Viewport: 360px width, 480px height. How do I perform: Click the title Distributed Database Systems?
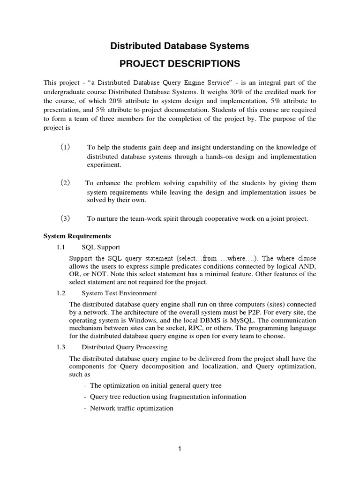180,46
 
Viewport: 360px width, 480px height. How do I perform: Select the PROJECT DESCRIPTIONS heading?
180,64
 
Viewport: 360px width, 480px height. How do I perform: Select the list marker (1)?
65,148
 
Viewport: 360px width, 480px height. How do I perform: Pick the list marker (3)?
65,218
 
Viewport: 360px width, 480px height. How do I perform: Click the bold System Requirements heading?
77,236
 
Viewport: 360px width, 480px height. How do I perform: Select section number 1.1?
61,247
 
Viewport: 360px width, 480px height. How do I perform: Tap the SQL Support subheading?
101,247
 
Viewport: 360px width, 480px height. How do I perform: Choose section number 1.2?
61,293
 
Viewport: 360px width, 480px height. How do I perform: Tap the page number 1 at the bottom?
180,449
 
